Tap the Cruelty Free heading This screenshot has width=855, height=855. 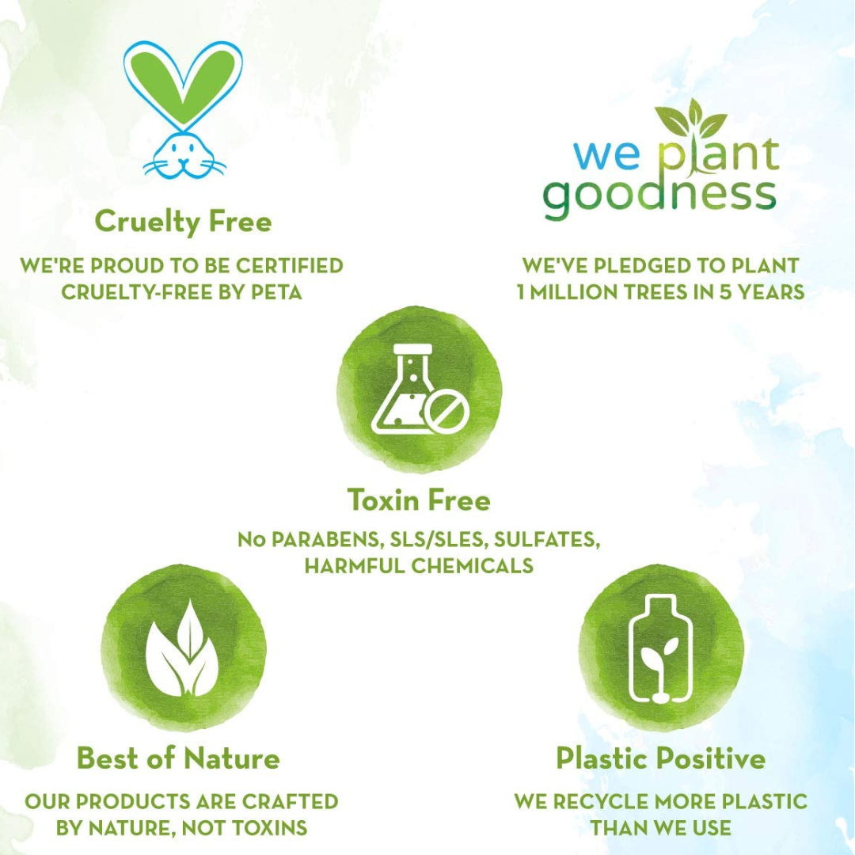pyautogui.click(x=183, y=222)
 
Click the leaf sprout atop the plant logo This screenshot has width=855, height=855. pyautogui.click(x=691, y=119)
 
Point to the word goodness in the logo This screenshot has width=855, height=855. pyautogui.click(x=659, y=196)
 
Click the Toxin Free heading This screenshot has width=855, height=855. pyautogui.click(x=419, y=500)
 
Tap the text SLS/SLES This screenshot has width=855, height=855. pyautogui.click(x=436, y=539)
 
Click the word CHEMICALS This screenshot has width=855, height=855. pyautogui.click(x=472, y=566)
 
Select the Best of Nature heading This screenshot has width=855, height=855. pyautogui.click(x=178, y=758)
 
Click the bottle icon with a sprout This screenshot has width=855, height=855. pyautogui.click(x=660, y=649)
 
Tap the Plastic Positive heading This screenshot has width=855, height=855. pyautogui.click(x=660, y=758)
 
